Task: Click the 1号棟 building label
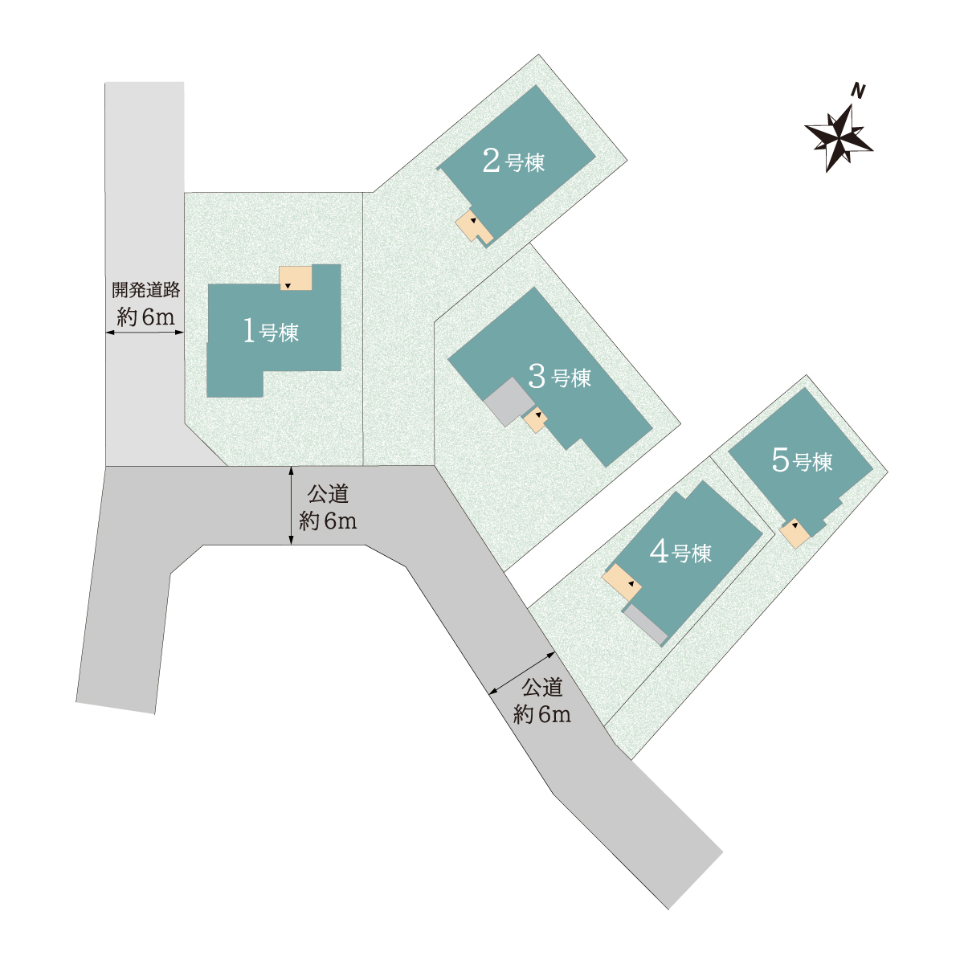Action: pyautogui.click(x=271, y=332)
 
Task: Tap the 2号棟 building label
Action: pyautogui.click(x=513, y=161)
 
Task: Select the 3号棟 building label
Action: pyautogui.click(x=559, y=377)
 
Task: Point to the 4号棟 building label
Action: pyautogui.click(x=680, y=552)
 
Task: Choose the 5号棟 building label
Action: pyautogui.click(x=802, y=460)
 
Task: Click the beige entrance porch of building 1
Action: pyautogui.click(x=295, y=278)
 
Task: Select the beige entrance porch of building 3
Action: pyautogui.click(x=535, y=419)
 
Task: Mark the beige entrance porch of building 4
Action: pyautogui.click(x=621, y=582)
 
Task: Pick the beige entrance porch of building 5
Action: pyautogui.click(x=795, y=533)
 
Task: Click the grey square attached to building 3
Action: pyautogui.click(x=509, y=402)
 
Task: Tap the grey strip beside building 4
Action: pyautogui.click(x=645, y=624)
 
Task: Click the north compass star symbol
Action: pyautogui.click(x=839, y=137)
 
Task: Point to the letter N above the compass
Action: pyautogui.click(x=859, y=91)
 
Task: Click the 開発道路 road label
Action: pyautogui.click(x=145, y=290)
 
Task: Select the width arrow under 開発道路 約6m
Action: pyautogui.click(x=145, y=332)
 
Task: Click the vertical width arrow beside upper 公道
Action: pyautogui.click(x=291, y=505)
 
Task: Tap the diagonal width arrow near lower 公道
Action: pyautogui.click(x=522, y=673)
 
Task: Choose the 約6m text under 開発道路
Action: pyautogui.click(x=145, y=317)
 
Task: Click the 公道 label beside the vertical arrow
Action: pyautogui.click(x=328, y=494)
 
